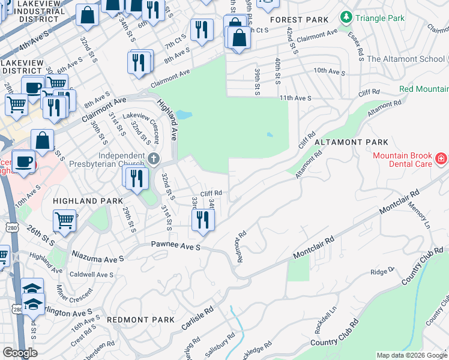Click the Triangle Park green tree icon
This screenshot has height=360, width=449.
[346, 19]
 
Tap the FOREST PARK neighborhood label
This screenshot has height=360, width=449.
[299, 20]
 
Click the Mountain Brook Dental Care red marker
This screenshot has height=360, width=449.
[441, 158]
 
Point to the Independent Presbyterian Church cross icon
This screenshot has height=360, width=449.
[154, 160]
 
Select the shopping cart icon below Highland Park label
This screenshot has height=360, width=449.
[64, 220]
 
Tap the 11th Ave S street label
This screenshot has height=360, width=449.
[295, 97]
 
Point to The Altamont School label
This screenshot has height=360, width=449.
[406, 59]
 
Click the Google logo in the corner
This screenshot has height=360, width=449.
[20, 353]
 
